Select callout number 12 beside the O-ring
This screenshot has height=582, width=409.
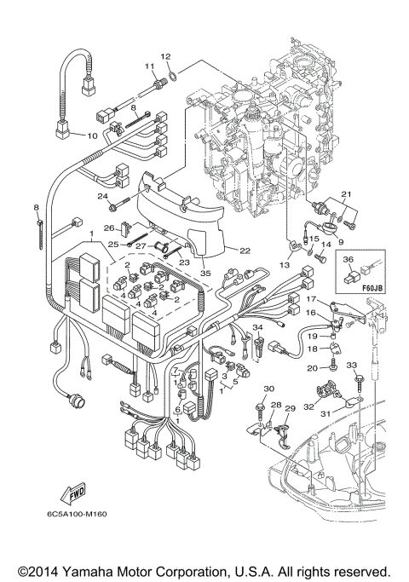pos(166,56)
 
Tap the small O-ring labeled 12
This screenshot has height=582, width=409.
pos(173,74)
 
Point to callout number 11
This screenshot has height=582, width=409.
pos(148,66)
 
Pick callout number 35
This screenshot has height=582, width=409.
pos(204,274)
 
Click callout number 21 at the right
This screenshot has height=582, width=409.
pos(345,196)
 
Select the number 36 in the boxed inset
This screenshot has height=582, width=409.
pos(348,259)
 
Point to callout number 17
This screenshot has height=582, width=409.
pos(313,300)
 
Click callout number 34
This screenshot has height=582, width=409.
pos(257,326)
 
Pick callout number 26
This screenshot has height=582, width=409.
pos(109,228)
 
